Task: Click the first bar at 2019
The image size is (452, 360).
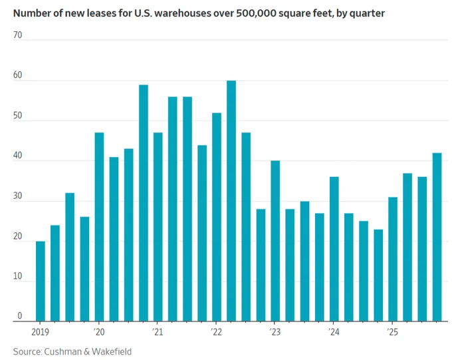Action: click(x=41, y=281)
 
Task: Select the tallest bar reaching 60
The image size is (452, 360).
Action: click(x=231, y=201)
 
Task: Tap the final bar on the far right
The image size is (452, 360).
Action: click(x=437, y=237)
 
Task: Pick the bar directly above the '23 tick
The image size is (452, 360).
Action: click(x=275, y=241)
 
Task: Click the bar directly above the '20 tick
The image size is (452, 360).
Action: click(x=99, y=227)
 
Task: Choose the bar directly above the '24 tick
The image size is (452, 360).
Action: click(x=334, y=249)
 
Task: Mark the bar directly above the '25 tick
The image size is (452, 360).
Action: click(x=393, y=260)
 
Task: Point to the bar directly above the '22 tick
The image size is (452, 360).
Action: click(x=217, y=217)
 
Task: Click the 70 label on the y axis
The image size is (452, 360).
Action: click(x=17, y=35)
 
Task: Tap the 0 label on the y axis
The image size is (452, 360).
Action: click(x=19, y=316)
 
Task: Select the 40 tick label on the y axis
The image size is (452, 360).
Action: click(x=17, y=156)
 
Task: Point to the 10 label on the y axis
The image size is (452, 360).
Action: click(x=17, y=276)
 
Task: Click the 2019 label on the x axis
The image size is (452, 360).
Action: click(x=40, y=332)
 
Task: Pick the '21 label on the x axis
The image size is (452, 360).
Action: click(x=158, y=332)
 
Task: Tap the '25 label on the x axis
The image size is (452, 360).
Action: click(x=392, y=332)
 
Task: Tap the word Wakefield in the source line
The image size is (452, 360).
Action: click(x=112, y=351)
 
